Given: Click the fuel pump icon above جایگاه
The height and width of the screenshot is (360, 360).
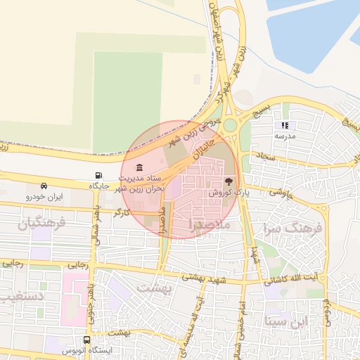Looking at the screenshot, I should (x=97, y=175).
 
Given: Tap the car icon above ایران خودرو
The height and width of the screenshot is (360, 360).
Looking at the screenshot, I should (x=44, y=186).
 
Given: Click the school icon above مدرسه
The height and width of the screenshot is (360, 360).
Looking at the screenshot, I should (x=285, y=125).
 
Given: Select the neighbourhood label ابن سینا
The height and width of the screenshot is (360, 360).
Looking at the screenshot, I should (x=286, y=321).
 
